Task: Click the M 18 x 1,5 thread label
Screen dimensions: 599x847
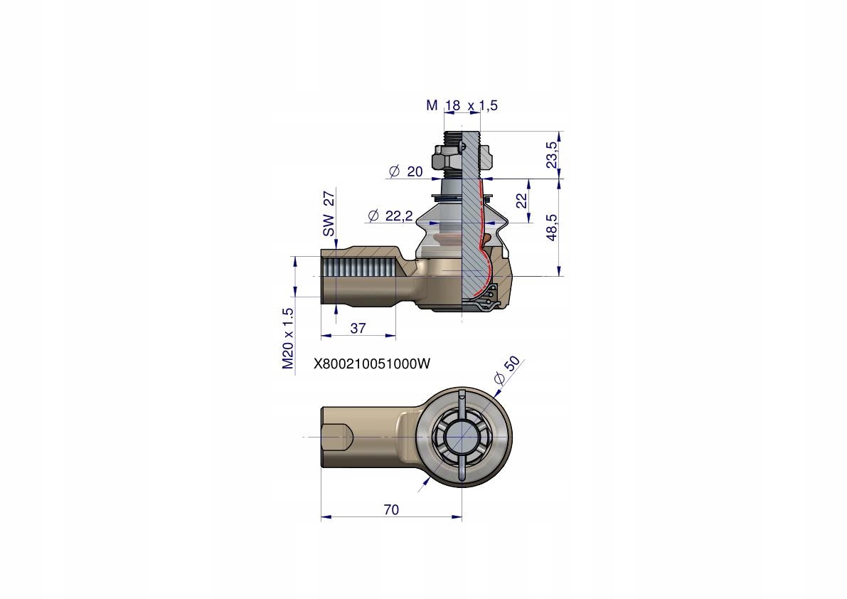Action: point(462,105)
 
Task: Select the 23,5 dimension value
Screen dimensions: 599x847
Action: point(553,154)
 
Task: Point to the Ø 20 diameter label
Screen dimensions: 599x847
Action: point(405,171)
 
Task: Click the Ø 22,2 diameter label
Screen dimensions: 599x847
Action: point(390,216)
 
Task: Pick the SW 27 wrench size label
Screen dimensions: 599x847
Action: point(328,213)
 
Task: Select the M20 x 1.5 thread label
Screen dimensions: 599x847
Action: point(287,339)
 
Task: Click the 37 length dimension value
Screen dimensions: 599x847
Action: point(358,328)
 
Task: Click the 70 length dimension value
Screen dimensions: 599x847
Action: point(390,509)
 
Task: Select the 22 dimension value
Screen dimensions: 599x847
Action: point(521,201)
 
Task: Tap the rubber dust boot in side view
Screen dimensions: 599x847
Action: point(434,231)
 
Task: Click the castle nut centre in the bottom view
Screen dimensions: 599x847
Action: point(462,438)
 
